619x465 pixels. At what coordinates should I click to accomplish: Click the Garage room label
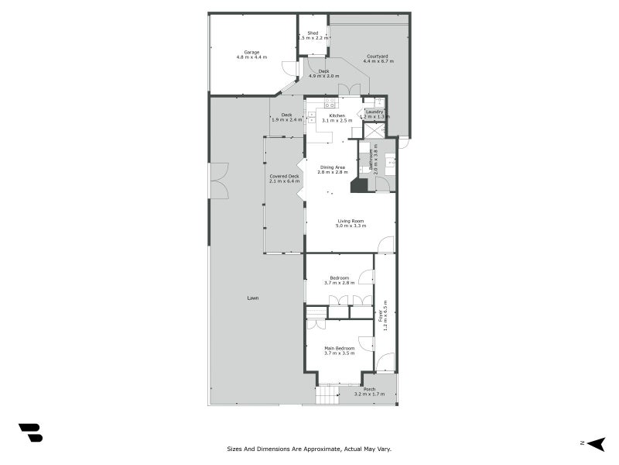coord(251,52)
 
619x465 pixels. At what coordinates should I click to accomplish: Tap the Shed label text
coord(313,33)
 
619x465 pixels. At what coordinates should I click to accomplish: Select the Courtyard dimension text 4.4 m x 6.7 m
coord(378,61)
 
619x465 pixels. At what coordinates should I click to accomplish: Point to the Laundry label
coord(375,112)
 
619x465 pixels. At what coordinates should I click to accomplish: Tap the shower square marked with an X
coord(374,130)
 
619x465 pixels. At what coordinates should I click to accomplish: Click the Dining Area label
coord(333,167)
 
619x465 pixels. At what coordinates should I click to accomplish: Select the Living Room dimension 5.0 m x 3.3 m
coord(351,226)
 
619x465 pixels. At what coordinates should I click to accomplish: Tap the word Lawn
coord(253,298)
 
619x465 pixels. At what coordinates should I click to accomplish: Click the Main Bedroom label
coord(339,349)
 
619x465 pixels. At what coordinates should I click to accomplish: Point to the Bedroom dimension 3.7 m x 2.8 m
coord(339,283)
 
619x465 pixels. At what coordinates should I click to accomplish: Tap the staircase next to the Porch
coord(327,396)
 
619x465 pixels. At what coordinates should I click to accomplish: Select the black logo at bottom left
coord(30,432)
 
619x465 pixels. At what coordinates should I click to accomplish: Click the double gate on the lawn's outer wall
coord(219,181)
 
